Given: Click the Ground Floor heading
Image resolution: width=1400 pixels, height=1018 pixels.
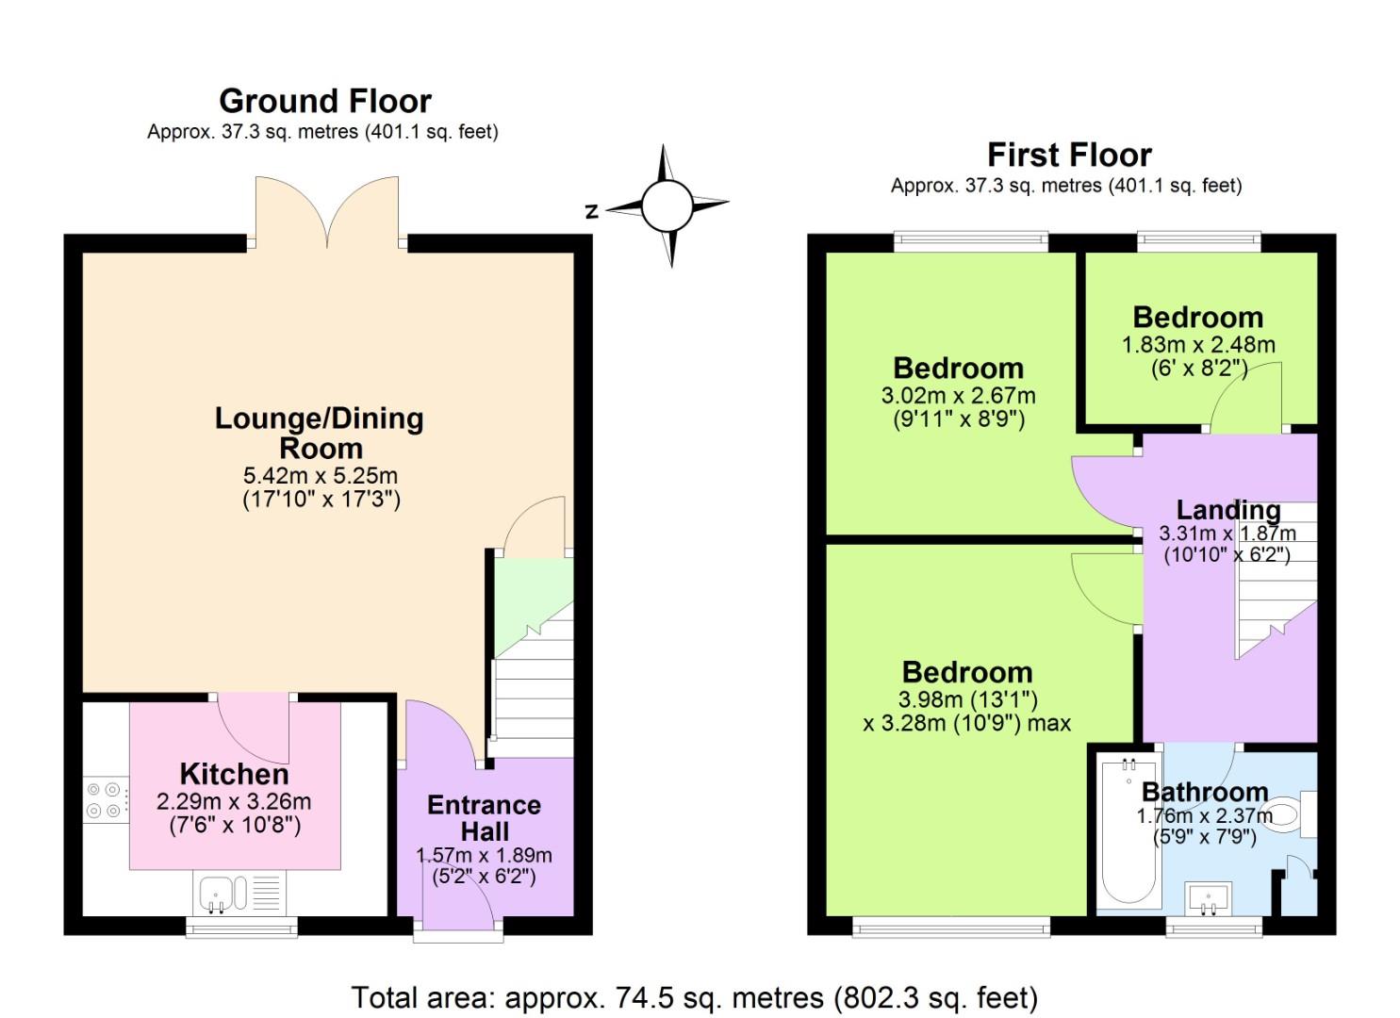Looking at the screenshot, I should (324, 101).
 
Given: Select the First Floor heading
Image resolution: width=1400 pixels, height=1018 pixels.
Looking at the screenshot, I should (1069, 155).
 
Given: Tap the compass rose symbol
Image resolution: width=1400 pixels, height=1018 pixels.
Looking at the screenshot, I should (667, 205).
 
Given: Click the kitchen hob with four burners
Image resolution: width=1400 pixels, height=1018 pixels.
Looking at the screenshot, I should (105, 799).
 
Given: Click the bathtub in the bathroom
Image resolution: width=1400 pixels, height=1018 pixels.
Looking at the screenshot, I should (1128, 829).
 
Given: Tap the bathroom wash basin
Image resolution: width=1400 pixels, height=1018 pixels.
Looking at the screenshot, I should (1209, 897).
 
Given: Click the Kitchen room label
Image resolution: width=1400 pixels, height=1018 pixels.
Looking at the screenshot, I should (234, 775).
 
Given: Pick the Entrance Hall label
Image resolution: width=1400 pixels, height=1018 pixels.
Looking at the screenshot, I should (484, 818).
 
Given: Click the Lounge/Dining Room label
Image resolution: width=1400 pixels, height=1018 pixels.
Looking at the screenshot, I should (320, 433).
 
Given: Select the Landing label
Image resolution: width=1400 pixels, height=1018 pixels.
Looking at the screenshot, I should (1227, 510).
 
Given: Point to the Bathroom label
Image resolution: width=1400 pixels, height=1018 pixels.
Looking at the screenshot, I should (1204, 792).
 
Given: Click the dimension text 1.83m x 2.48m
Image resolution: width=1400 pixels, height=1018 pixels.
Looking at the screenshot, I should (1197, 345).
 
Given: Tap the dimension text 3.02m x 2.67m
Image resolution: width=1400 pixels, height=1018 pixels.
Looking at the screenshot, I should (958, 396).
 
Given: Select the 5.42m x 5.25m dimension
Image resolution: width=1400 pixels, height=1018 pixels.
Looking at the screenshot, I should (320, 476).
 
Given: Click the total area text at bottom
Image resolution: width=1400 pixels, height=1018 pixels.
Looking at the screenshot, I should (694, 997).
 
